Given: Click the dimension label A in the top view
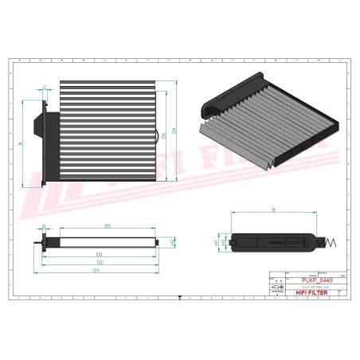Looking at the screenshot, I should (21, 141).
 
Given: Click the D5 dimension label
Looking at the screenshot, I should (107, 227).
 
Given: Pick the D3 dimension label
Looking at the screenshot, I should (100, 254).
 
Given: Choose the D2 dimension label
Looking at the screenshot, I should (100, 262).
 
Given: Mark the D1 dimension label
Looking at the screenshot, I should (96, 271).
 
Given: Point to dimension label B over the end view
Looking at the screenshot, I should (273, 209).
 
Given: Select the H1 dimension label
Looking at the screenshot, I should (217, 241).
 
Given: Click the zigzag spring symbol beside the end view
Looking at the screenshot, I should (331, 242).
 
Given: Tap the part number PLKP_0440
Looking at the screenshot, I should (318, 280).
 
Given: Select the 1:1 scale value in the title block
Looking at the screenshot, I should (278, 282).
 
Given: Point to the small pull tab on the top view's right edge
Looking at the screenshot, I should (156, 132).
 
